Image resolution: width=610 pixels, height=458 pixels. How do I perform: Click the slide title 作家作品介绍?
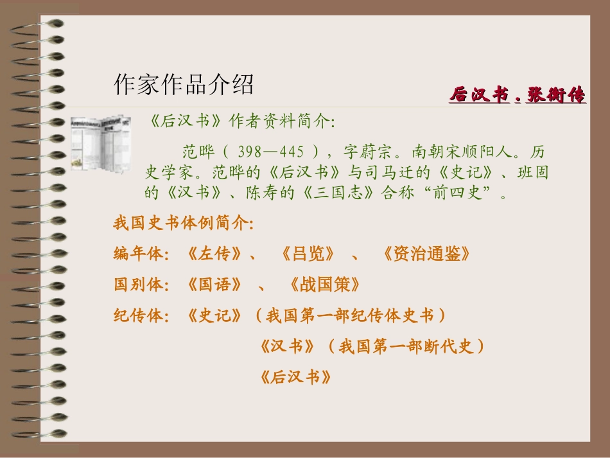(184, 84)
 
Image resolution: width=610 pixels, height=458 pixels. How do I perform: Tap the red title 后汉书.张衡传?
(517, 96)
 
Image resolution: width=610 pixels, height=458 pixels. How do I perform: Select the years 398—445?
(270, 152)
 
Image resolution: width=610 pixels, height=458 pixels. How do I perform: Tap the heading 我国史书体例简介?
(183, 224)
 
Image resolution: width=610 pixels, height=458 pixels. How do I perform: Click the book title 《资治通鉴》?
(426, 254)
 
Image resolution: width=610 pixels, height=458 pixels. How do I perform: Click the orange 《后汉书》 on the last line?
(295, 377)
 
